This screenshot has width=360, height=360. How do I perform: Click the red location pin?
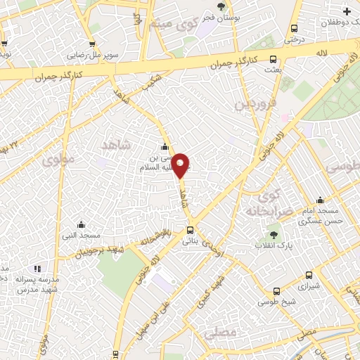pos(181,165)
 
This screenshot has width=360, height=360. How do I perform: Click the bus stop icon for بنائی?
pos(190,230)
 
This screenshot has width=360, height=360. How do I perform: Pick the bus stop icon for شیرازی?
pos(308,276)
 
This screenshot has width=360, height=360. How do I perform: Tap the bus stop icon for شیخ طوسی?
pos(277,291)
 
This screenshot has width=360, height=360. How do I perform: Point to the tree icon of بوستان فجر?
pos(221,6)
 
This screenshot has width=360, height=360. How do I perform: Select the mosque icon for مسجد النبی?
pos(82,224)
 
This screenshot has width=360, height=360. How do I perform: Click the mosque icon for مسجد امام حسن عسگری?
pos(320,200)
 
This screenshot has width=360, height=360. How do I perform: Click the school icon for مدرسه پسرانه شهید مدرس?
pos(37,268)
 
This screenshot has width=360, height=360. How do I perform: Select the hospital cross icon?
pos(347,11)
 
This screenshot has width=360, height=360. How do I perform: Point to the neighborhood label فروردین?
pos(252,105)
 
